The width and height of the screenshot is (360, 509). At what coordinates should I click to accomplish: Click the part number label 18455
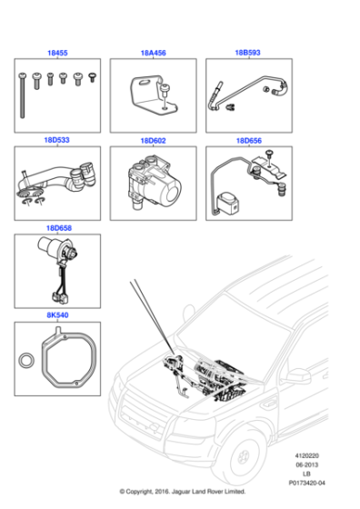coord(56,55)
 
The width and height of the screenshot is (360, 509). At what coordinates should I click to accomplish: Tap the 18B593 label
coord(249,55)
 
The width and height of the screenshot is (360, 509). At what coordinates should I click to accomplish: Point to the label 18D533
coord(56,141)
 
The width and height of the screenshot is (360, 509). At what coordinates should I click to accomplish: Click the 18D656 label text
coord(249,141)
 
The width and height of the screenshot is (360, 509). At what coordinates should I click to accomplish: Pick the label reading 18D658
coord(56,227)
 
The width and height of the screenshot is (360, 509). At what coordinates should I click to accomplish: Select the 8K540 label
coord(56,314)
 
